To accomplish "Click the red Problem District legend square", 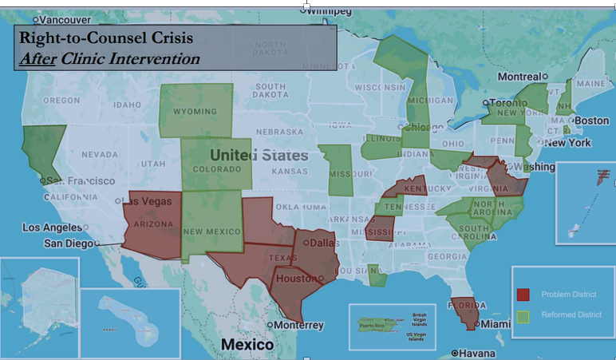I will point(523,295).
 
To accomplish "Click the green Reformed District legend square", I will point(523,316).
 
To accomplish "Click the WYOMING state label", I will point(195,111).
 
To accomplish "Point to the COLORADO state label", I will point(216,169).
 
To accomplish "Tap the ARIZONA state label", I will point(152,224).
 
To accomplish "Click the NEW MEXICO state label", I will point(212,231).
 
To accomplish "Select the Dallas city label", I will point(323,243).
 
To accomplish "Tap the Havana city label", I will point(477,353).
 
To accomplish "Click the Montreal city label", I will point(519,77).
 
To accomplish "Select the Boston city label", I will point(591,121).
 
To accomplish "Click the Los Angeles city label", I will point(52,227).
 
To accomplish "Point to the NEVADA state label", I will point(99,154).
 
